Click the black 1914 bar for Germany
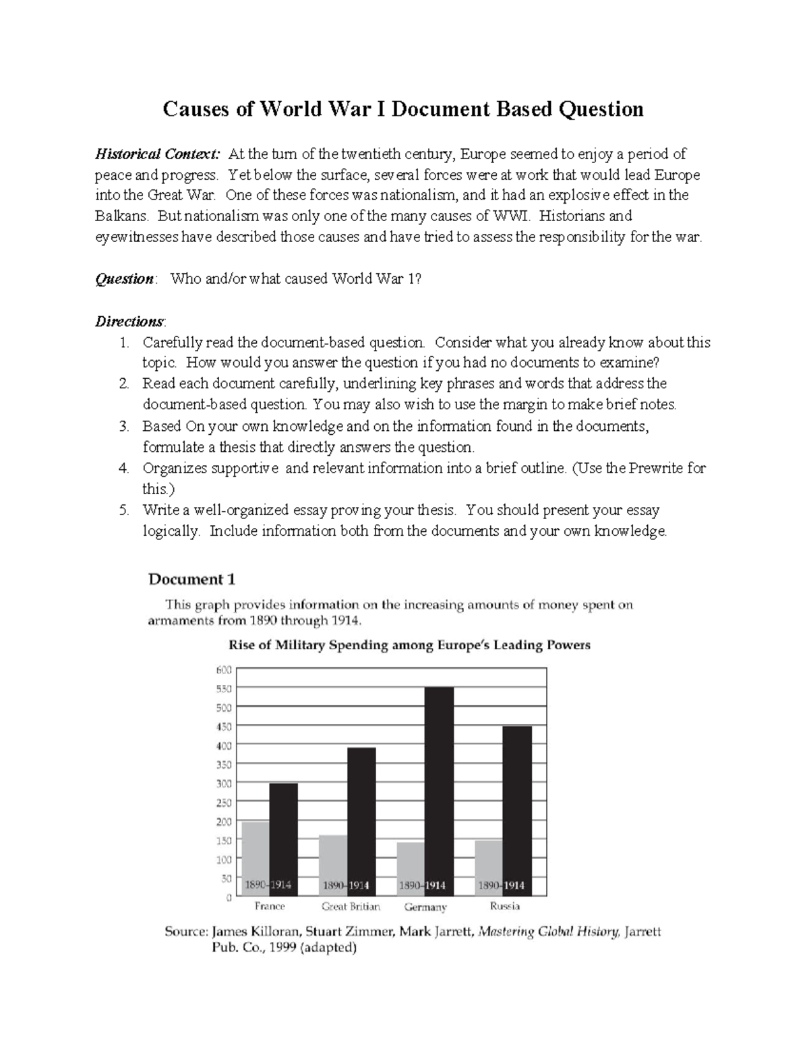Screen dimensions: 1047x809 coord(439,789)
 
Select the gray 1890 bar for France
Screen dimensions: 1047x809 coord(256,856)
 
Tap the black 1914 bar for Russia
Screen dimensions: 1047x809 coord(517,809)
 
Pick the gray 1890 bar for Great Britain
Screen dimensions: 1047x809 coord(333,863)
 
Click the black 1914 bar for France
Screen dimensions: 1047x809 coord(283,836)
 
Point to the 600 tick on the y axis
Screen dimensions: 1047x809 coord(224,669)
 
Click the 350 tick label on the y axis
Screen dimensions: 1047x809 coord(224,765)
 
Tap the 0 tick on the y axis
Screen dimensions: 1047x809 coord(229,897)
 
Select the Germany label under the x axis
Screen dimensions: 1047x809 coord(425,907)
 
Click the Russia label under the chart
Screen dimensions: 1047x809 coord(505,906)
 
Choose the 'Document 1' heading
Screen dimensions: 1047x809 coord(191,579)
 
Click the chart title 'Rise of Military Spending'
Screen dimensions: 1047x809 coord(409,645)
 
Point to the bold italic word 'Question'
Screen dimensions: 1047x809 coord(125,279)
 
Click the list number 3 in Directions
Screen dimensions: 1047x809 coord(123,426)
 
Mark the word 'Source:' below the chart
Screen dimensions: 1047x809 coord(187,932)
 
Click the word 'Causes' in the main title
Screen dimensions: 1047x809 coord(196,109)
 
